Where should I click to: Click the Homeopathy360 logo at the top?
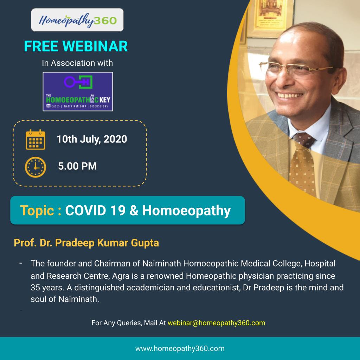coord(77,20)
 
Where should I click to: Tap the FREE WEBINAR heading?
coord(76,46)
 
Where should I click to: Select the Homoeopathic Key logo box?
coord(78,92)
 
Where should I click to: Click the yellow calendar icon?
coord(36,140)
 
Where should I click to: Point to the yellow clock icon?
coord(36,167)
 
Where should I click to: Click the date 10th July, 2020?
coord(92,139)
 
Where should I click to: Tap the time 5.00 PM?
coord(77,166)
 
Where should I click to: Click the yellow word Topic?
coord(37,211)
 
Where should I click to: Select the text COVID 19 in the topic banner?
coord(95,210)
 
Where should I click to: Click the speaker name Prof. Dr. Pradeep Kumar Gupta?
coord(86,243)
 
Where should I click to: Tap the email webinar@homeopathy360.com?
coord(216,323)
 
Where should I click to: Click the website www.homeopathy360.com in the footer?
coord(180,348)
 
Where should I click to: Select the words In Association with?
coord(77,63)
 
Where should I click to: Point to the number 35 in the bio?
coord(35,288)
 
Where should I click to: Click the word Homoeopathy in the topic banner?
coord(186,211)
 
